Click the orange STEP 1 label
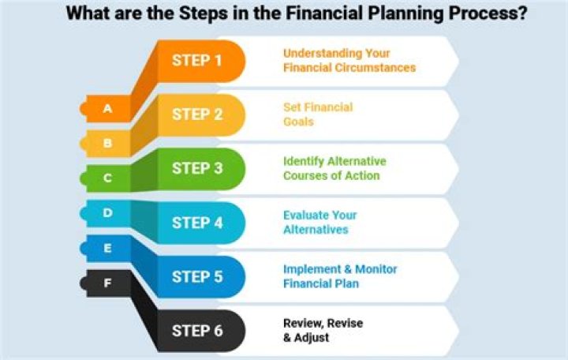(196, 61)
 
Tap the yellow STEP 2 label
(197, 114)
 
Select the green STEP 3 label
(197, 169)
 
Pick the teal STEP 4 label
(197, 223)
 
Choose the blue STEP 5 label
(197, 276)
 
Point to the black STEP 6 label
(197, 331)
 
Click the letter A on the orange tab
(107, 108)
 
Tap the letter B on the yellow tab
(107, 143)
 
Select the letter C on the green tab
(107, 178)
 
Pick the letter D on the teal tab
(107, 212)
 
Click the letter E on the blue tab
(107, 248)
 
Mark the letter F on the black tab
(107, 283)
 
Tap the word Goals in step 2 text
(298, 122)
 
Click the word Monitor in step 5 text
(376, 269)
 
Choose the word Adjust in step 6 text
(312, 338)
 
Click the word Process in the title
(488, 13)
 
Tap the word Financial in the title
(324, 13)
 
